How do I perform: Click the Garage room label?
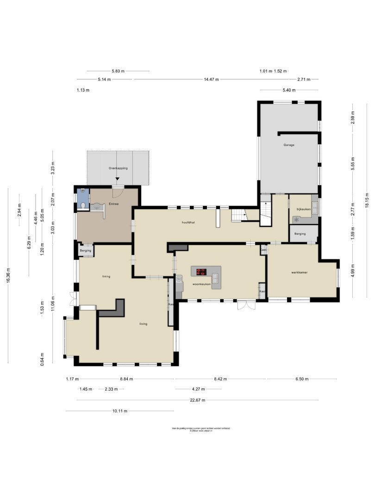tap(289, 145)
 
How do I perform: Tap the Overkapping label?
tap(118, 168)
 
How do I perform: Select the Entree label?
tap(114, 204)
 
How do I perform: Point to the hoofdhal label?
tap(188, 223)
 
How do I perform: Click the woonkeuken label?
tap(202, 284)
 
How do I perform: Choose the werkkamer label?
tap(300, 272)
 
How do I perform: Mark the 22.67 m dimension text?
tap(197, 400)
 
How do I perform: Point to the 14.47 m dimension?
tap(211, 79)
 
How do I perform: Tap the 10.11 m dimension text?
tap(119, 411)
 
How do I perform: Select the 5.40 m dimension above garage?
tap(289, 90)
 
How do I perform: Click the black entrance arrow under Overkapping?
tap(118, 185)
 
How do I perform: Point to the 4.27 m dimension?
tap(198, 389)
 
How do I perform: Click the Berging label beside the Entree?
tap(86, 251)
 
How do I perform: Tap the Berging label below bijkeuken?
tap(300, 234)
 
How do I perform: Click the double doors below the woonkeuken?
tap(246, 305)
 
